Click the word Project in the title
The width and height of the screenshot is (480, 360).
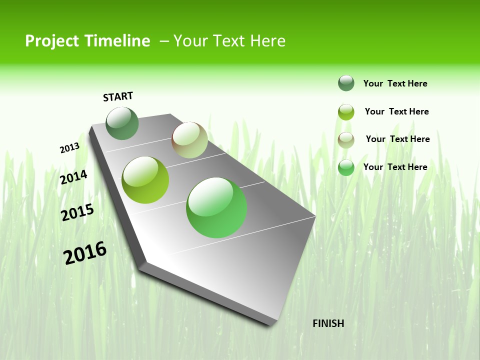coord(51,41)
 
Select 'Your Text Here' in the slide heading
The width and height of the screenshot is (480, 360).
coord(229,41)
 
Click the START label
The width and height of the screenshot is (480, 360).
coord(118,96)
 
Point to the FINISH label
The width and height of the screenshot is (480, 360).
coord(328,323)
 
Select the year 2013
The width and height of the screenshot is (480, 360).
coord(69,148)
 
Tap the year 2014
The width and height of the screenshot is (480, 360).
coord(73,177)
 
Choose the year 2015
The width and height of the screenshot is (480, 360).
coord(77,212)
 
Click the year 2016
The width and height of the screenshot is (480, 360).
coord(84,253)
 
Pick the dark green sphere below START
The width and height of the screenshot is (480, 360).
coord(122,123)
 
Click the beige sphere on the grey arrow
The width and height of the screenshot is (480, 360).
coord(189,140)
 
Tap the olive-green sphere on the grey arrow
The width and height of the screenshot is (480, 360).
coord(145,180)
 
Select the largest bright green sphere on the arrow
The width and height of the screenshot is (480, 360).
coord(216,207)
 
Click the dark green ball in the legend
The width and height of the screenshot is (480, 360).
coord(346,83)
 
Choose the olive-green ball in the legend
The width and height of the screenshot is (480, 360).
coord(346,111)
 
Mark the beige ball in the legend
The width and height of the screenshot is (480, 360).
coord(346,139)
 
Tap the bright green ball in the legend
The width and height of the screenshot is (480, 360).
coord(346,167)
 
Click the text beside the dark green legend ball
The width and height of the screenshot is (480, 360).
coord(395,83)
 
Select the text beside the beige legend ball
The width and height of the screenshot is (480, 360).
coord(397,139)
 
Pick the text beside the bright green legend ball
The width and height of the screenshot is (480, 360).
coord(395,167)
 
